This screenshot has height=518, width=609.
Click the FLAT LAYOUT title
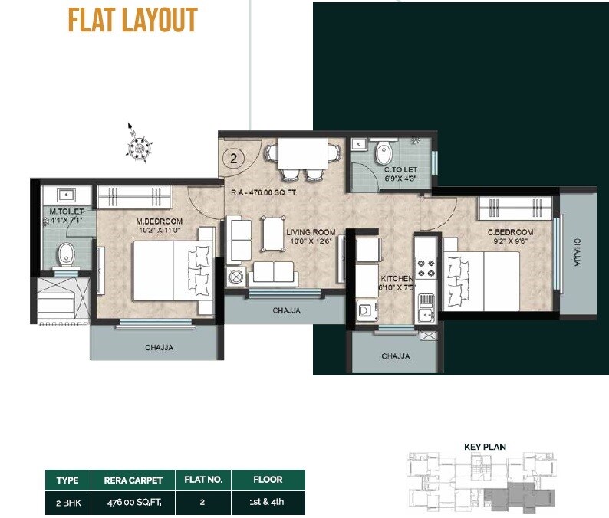point(132,21)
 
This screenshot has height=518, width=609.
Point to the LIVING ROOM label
point(311,232)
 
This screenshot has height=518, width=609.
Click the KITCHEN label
point(397,279)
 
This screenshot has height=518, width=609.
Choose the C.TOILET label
point(400,169)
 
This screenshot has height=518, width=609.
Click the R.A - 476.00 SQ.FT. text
point(264,193)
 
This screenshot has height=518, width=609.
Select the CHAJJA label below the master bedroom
point(159,348)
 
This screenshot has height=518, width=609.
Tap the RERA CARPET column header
point(133,480)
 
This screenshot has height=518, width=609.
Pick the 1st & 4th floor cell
point(268,502)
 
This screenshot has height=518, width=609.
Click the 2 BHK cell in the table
point(67,502)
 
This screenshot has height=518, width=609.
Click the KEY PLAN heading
point(485,447)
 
